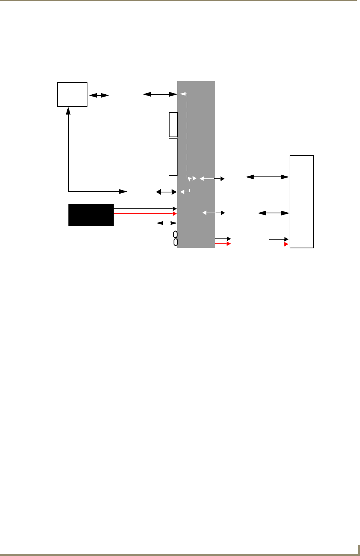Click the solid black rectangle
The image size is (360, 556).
91,215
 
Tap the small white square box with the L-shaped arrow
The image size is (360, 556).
72,94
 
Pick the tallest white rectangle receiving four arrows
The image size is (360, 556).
301,202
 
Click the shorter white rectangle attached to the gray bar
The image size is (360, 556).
173,125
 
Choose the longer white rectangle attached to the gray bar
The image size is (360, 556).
173,157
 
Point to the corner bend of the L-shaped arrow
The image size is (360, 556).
69,191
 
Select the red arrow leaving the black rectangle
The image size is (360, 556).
144,214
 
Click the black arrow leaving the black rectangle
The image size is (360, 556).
144,208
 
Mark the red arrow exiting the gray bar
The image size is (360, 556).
223,244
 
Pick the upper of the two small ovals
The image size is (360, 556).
175,234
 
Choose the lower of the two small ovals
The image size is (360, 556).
175,242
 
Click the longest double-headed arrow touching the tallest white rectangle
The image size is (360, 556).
268,177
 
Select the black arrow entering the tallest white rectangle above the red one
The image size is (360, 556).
279,239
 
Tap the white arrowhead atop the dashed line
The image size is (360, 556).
182,94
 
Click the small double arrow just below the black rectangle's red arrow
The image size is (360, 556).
167,223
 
